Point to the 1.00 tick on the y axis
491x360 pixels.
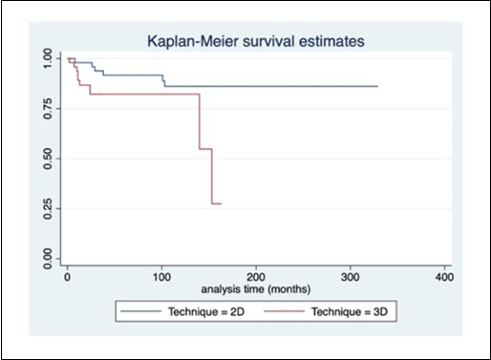tap(49, 59)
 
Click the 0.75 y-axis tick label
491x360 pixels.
tap(49, 109)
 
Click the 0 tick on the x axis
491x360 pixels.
tap(67, 277)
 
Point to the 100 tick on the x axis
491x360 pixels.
tap(161, 277)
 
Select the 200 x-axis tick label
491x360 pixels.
tap(255, 277)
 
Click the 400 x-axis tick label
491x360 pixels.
tap(442, 277)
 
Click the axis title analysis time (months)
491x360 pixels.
tap(254, 288)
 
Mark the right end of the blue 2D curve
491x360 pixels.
tap(377, 86)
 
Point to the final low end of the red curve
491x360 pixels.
tap(221, 203)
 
